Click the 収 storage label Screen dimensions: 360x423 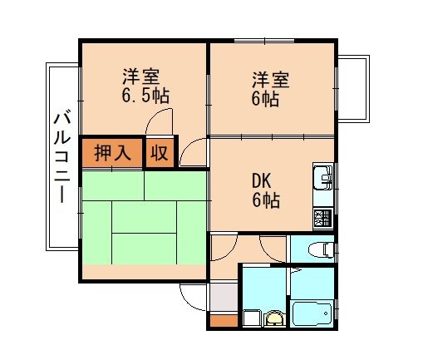[160, 154]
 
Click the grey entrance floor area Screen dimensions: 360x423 [223, 296]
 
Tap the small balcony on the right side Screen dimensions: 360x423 [352, 88]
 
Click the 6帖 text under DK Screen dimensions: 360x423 [266, 201]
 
